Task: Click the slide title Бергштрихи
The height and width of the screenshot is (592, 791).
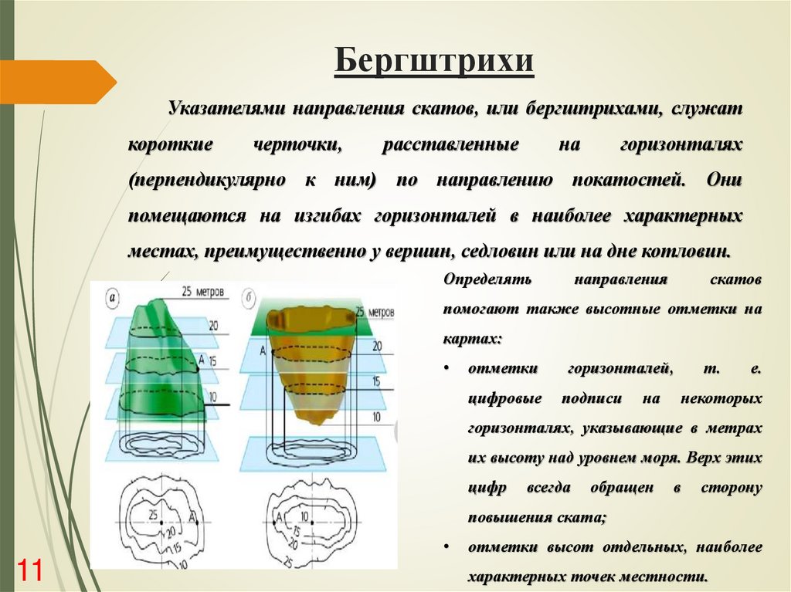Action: [x=434, y=62]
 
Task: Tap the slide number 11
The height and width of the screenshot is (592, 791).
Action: [x=29, y=570]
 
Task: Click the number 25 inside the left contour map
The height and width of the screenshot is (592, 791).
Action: [x=152, y=513]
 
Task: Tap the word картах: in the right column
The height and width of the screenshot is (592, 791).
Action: [x=473, y=339]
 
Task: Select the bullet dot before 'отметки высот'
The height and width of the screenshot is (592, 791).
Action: [x=448, y=547]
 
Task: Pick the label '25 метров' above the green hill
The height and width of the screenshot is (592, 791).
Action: [x=204, y=293]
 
